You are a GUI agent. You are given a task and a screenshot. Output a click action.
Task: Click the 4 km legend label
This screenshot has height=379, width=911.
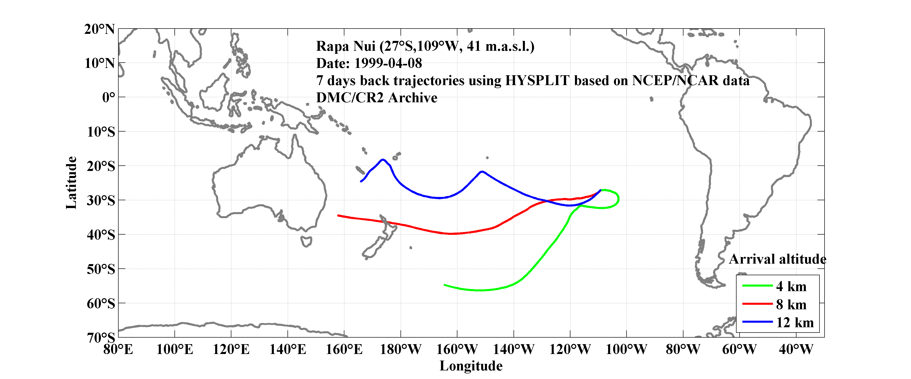click(791, 286)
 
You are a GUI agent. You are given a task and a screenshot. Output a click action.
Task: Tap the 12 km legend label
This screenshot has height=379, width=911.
click(795, 322)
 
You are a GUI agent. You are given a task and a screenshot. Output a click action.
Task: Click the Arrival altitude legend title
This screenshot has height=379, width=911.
click(777, 259)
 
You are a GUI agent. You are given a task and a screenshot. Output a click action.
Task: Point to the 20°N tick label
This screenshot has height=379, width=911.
click(99, 29)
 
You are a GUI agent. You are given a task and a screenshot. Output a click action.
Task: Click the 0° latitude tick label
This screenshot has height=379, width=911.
click(108, 97)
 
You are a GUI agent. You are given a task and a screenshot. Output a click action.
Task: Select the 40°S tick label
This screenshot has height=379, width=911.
click(101, 235)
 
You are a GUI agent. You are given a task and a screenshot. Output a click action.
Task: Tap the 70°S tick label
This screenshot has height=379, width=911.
click(101, 338)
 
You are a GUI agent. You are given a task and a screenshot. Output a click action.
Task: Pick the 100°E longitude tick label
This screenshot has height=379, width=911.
click(175, 349)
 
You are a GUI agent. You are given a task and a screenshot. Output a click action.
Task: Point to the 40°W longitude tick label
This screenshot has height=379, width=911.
click(796, 349)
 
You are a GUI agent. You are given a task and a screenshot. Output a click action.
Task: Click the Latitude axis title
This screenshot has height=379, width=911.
click(71, 183)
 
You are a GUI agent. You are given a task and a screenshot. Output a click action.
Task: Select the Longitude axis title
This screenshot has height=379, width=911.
click(471, 366)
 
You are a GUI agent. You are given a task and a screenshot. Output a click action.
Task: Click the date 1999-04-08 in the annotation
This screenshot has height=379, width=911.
click(388, 63)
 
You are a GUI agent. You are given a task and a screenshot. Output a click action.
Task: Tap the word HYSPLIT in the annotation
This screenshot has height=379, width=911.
click(537, 81)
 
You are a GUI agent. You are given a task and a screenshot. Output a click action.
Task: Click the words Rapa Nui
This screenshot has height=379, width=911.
click(346, 46)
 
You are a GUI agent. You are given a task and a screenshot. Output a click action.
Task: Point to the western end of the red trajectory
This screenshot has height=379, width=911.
click(339, 215)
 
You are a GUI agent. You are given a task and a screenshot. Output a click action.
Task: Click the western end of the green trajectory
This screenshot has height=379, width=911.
click(445, 285)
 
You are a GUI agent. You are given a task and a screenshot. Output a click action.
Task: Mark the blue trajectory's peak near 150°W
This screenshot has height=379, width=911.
click(482, 172)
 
